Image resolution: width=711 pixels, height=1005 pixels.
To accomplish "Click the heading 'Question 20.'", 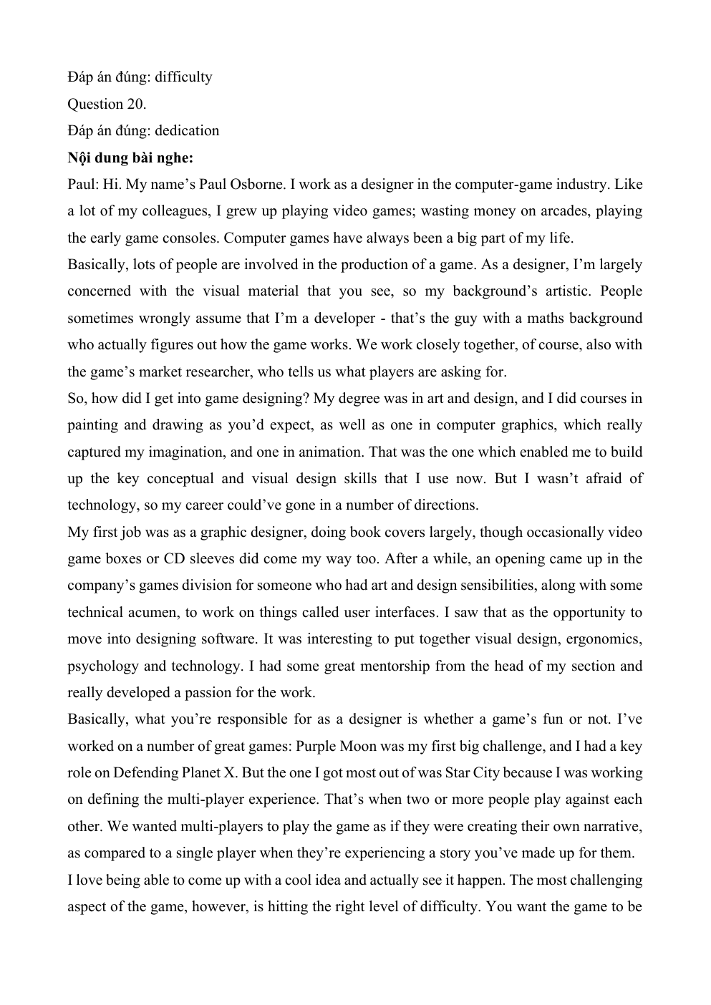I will coord(107,104).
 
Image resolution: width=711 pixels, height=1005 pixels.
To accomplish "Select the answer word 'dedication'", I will coord(187,130).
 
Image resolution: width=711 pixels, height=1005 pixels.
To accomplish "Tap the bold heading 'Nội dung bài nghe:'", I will coord(130,157).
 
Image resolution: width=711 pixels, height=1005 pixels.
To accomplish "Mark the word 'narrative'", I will coord(609,826).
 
